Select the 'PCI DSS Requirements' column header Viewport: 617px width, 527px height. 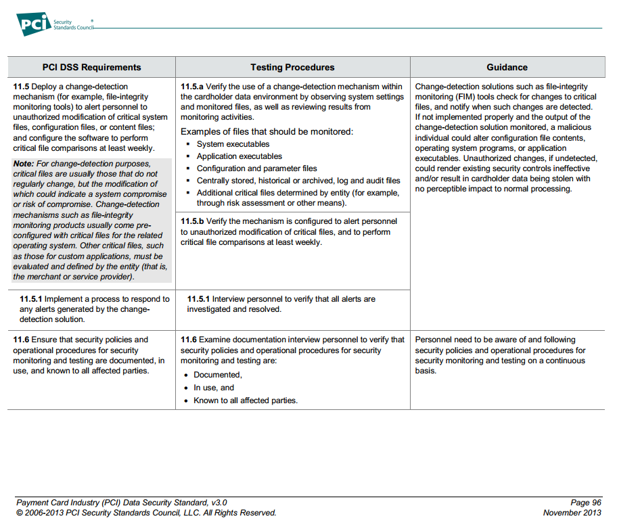tap(91, 67)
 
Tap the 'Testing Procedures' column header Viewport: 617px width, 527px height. tap(292, 67)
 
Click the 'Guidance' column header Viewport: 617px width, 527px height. tap(507, 67)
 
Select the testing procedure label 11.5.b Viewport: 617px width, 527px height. tap(192, 221)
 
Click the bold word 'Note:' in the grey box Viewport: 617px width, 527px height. tap(24, 164)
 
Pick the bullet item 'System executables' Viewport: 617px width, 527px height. tap(233, 144)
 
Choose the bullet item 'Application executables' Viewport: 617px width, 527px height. tap(239, 156)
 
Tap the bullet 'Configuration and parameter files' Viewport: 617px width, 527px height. tap(256, 168)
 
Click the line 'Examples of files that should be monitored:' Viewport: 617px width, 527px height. tap(267, 131)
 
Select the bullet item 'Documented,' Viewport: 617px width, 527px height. tap(217, 375)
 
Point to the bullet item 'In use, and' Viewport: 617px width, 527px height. tap(214, 388)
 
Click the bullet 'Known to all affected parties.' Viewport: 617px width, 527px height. tap(246, 400)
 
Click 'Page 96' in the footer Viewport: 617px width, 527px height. tap(585, 503)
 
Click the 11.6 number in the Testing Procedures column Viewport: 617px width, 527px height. tap(188, 340)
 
